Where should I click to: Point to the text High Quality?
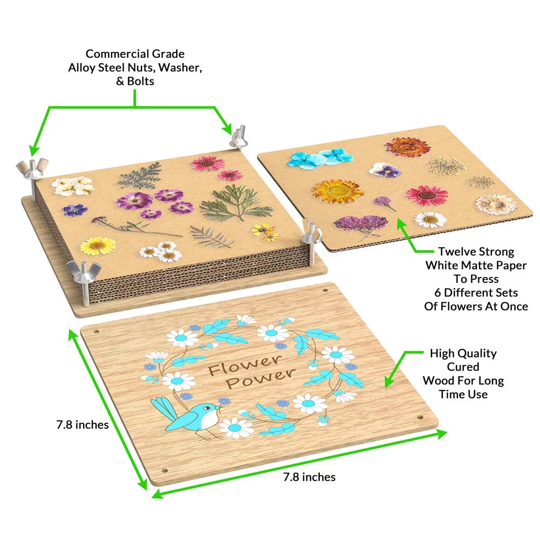[463, 354]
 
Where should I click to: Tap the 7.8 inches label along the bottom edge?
[309, 477]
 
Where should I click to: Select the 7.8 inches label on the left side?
[82, 425]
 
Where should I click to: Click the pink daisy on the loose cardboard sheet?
[427, 195]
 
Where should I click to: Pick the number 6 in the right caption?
[438, 293]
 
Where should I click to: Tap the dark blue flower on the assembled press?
[75, 210]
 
